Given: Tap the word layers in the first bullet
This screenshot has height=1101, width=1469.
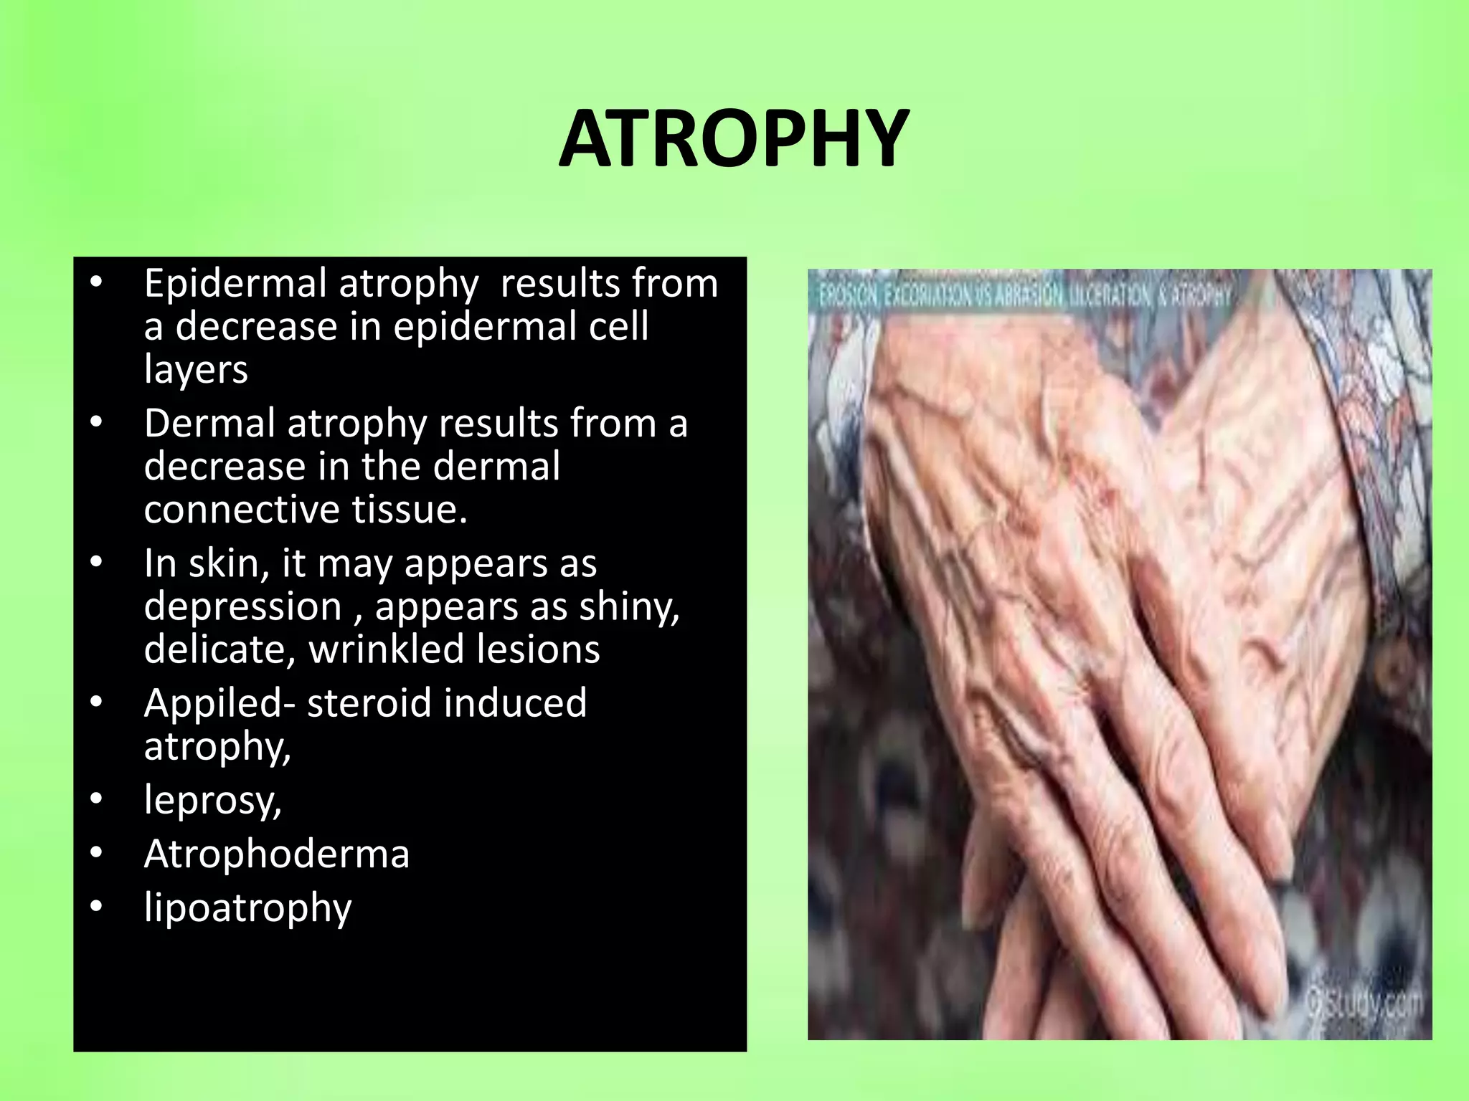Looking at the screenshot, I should point(196,370).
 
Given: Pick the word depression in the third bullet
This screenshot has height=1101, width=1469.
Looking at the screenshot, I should point(242,606).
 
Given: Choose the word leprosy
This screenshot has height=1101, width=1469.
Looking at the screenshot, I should point(212,801).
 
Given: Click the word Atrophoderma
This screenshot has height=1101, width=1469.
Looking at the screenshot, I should point(276,854).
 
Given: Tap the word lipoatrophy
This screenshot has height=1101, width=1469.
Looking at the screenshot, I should point(247,908).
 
